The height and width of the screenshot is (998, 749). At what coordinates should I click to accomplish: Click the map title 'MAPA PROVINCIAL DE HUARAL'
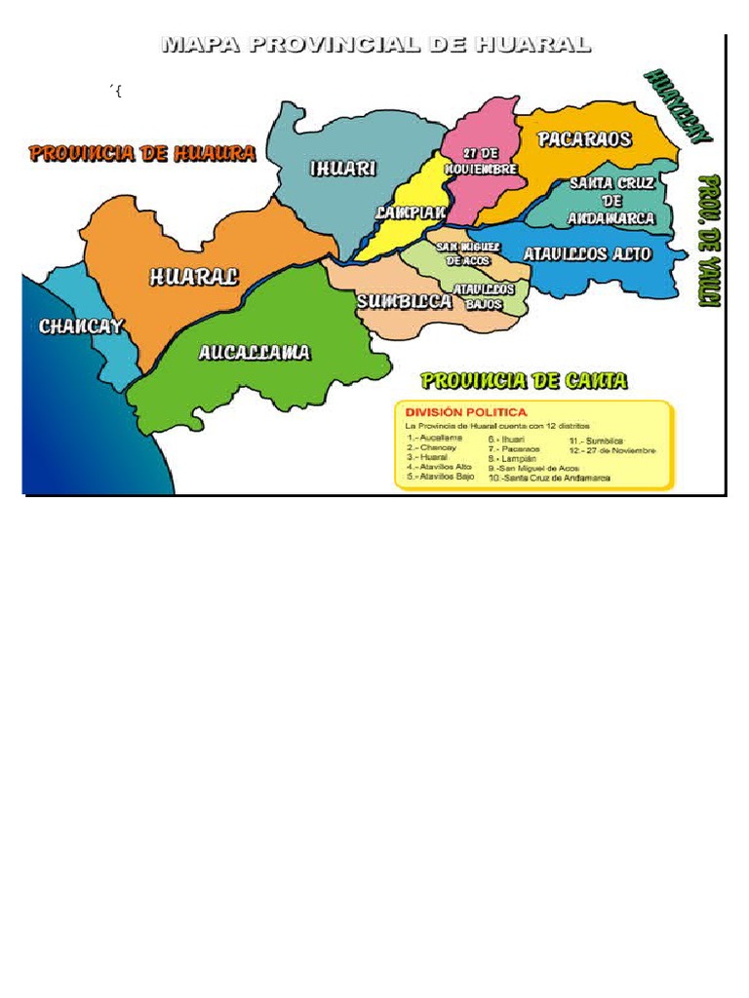point(375,45)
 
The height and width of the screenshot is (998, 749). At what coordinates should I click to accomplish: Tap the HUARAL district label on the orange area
point(193,277)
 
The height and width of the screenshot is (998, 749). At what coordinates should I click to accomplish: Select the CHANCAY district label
point(81,326)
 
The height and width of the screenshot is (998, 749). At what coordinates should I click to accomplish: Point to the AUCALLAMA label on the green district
point(255,352)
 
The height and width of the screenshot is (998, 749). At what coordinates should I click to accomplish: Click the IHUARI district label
point(342,169)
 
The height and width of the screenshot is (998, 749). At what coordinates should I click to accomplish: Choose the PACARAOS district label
point(584,139)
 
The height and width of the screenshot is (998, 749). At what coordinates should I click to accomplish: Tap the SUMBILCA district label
point(404,301)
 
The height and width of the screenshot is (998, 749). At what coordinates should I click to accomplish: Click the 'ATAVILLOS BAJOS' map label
point(483,296)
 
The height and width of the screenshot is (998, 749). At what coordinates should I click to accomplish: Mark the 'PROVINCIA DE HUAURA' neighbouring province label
point(142,153)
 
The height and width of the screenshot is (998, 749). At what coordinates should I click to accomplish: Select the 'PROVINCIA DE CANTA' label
point(524,380)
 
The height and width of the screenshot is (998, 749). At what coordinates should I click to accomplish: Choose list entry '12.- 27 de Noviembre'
point(613,451)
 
